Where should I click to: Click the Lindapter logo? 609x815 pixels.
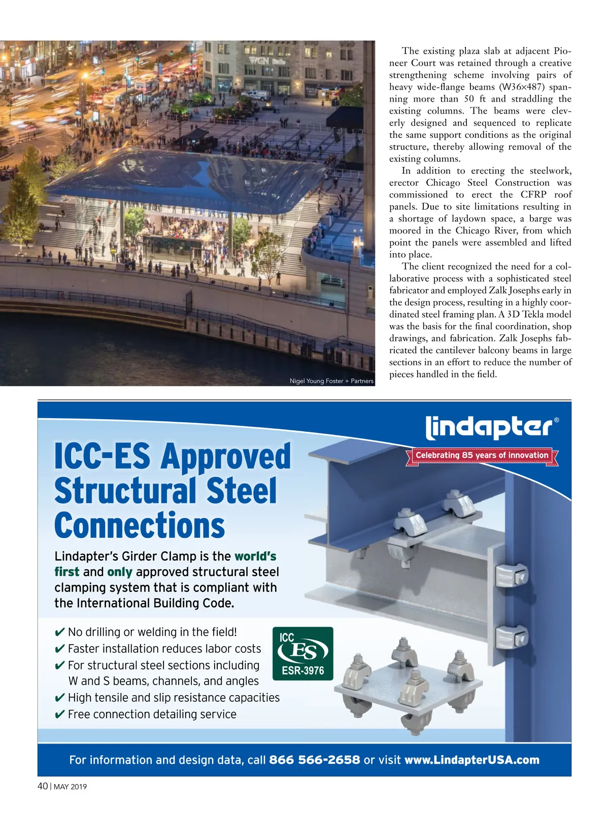tap(488, 427)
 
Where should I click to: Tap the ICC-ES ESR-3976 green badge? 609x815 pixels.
tap(303, 654)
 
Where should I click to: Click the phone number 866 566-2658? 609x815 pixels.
tap(314, 760)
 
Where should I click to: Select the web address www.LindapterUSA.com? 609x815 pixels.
tap(471, 760)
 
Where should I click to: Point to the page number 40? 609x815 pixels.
tap(43, 786)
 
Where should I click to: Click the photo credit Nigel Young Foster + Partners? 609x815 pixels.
tap(331, 381)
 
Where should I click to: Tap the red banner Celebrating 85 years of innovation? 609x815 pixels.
tap(482, 455)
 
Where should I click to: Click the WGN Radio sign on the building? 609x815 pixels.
tap(266, 61)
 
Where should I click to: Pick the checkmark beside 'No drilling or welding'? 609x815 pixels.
tap(59, 632)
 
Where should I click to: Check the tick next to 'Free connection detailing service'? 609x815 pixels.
tap(59, 715)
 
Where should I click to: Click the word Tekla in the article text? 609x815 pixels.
tap(533, 314)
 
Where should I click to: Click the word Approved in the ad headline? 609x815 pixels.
tap(226, 456)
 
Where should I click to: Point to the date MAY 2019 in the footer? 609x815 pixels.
tap(71, 787)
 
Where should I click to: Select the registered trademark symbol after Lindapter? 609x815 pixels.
tap(557, 420)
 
